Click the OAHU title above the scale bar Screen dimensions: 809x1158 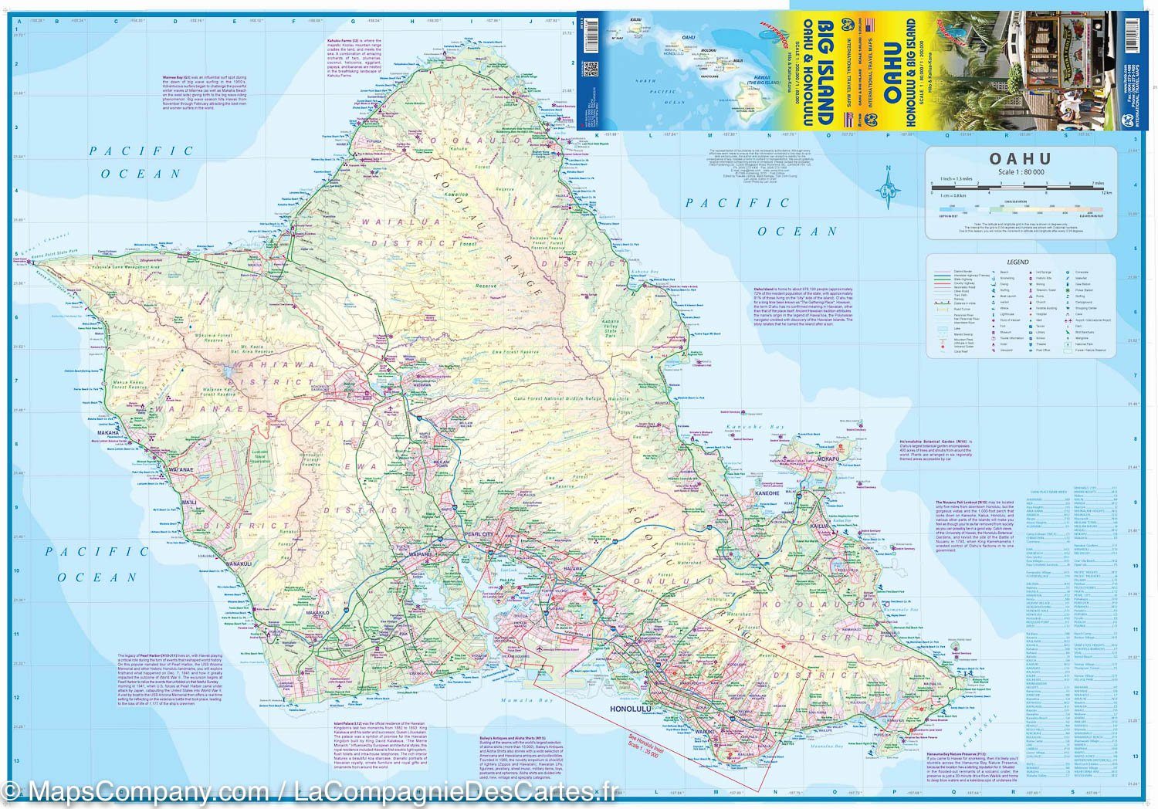pyautogui.click(x=1021, y=159)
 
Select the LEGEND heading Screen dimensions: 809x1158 pyautogui.click(x=1018, y=262)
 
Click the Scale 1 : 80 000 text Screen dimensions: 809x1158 pyautogui.click(x=1021, y=172)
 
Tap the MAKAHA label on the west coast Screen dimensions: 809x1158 pyautogui.click(x=107, y=433)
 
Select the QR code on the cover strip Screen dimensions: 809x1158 pyautogui.click(x=591, y=69)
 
